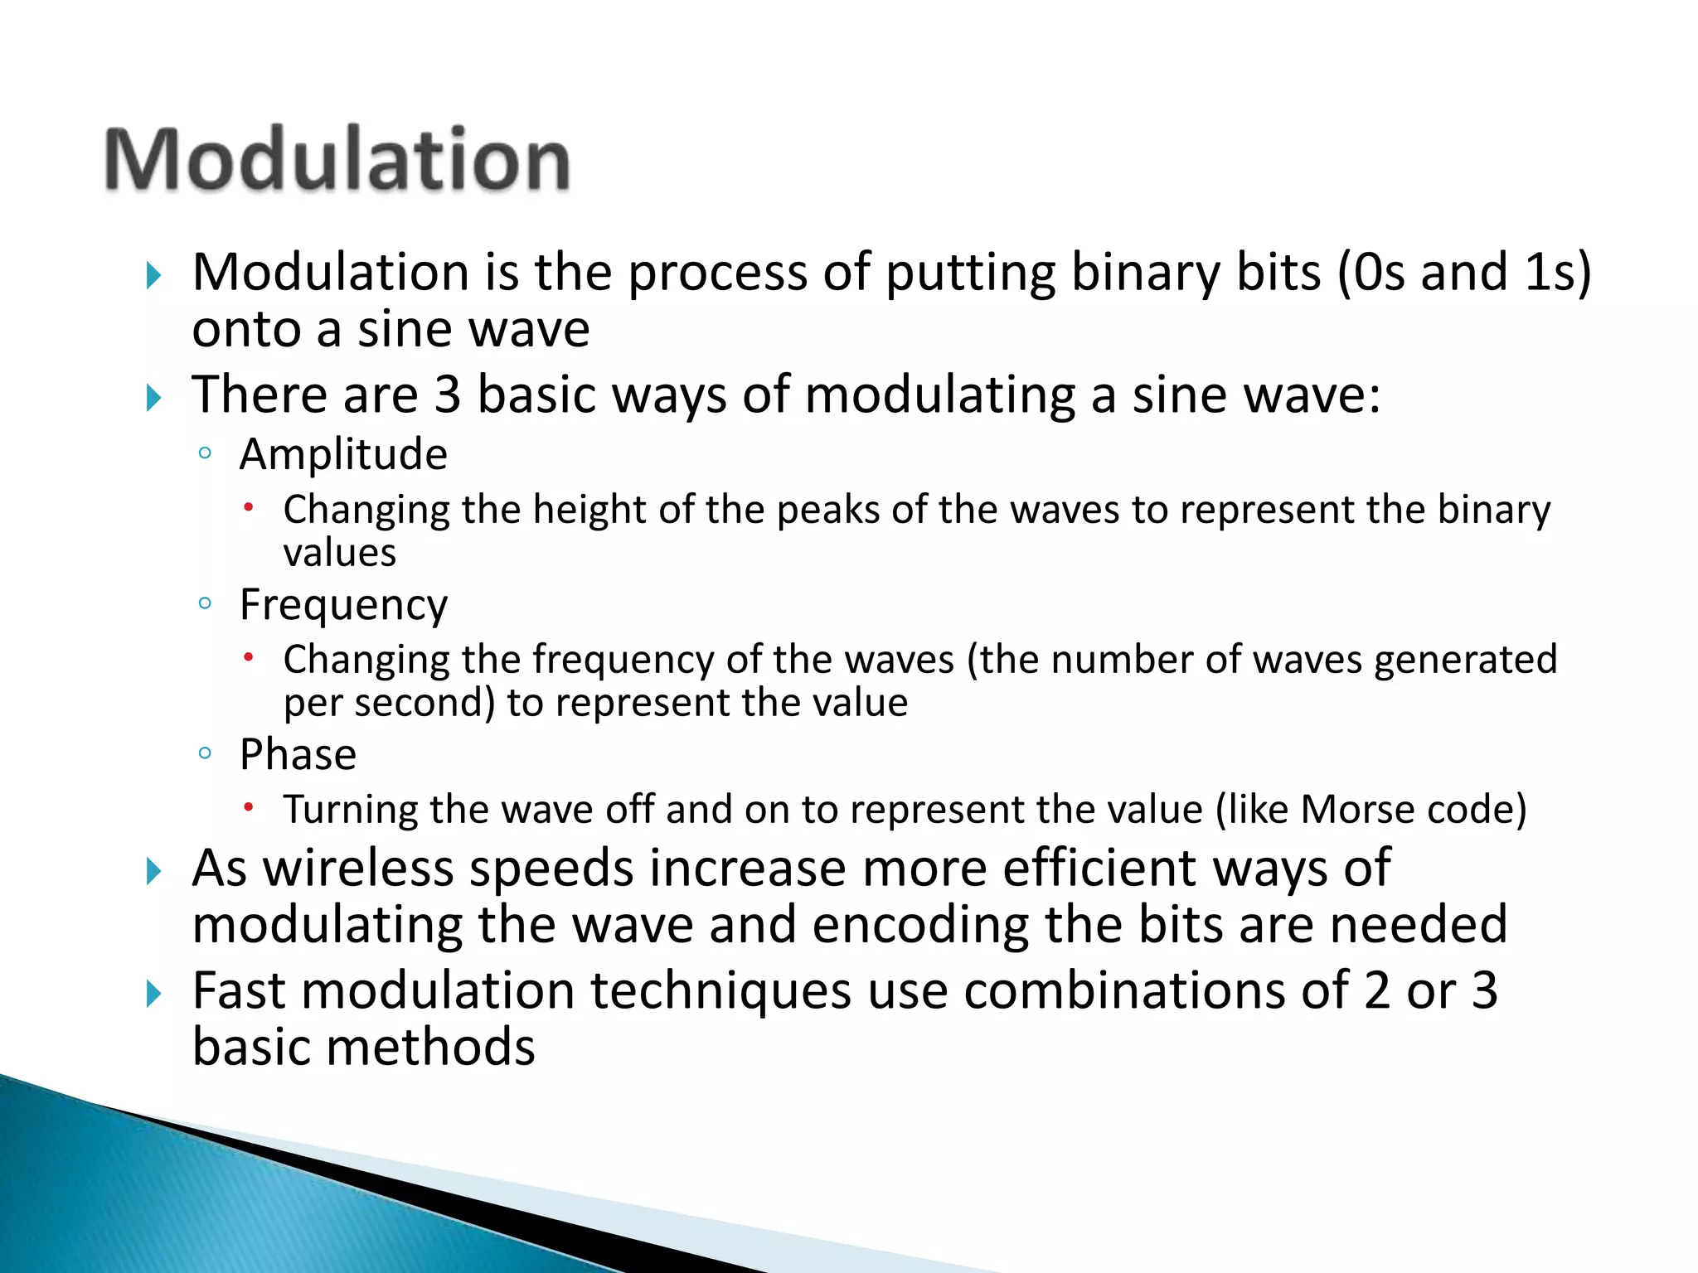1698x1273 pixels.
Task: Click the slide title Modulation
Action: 337,159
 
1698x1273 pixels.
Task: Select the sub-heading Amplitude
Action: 343,454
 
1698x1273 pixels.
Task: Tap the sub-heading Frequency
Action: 343,605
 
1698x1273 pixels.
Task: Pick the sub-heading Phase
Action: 298,755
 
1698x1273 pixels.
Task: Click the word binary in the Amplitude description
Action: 1493,510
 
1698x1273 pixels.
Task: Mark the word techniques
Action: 720,991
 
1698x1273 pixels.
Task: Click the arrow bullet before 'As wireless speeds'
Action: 153,871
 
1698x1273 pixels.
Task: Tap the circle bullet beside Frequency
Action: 205,603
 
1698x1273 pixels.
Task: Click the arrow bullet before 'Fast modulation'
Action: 153,993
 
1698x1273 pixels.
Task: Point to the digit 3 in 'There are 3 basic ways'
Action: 447,394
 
